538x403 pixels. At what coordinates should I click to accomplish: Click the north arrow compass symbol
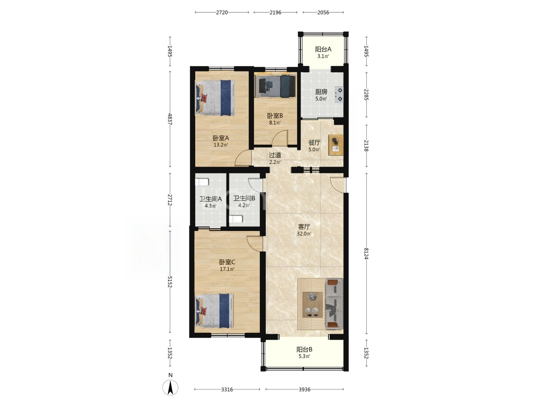click(x=170, y=388)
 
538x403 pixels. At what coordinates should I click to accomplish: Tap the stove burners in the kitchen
click(x=340, y=94)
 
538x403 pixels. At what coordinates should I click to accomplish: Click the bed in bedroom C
click(x=214, y=311)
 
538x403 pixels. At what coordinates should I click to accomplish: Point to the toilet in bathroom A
click(x=202, y=182)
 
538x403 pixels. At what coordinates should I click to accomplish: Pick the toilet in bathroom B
click(x=236, y=219)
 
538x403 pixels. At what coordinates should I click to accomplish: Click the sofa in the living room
click(x=334, y=304)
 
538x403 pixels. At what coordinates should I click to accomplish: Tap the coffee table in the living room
click(x=312, y=305)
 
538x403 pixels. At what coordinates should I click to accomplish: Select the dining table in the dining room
click(x=336, y=145)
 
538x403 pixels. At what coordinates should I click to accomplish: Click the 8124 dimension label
click(x=366, y=253)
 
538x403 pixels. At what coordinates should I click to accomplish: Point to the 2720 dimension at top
click(x=222, y=13)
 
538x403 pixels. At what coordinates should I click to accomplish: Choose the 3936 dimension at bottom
click(x=304, y=389)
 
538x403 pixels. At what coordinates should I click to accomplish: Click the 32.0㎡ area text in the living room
click(x=304, y=234)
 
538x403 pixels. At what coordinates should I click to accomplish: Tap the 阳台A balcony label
click(x=323, y=49)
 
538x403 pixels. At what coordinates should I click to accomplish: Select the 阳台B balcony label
click(x=304, y=349)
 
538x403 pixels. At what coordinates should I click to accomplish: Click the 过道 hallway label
click(x=275, y=155)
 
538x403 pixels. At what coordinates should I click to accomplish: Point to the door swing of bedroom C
click(x=255, y=244)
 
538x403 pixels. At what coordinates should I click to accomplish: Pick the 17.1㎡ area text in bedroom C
click(x=227, y=269)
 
